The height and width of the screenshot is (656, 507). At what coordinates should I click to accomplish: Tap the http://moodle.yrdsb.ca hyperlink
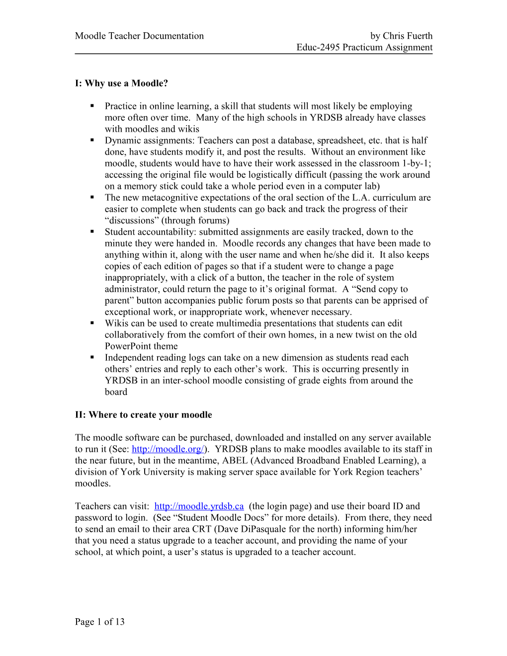(199, 506)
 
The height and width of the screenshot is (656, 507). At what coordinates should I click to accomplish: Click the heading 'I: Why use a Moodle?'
(121, 83)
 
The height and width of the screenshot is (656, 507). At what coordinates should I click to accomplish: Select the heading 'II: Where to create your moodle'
(143, 415)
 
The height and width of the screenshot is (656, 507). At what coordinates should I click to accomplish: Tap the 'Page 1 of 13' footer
(100, 622)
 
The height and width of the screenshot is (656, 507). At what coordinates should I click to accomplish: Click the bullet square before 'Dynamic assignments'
(92, 140)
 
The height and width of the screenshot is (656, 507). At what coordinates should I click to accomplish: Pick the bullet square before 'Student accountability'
(92, 232)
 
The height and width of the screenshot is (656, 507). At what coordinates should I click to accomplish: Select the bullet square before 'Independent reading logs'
(92, 357)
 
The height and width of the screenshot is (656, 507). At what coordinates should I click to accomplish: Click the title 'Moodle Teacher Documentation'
(139, 36)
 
